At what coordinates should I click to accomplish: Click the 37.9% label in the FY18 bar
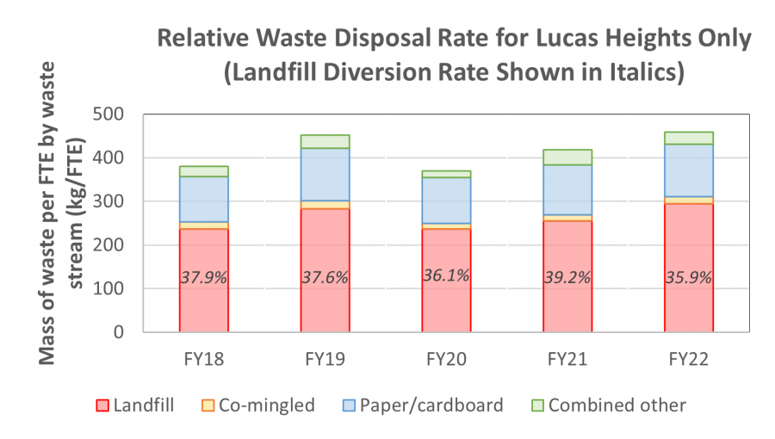pos(203,277)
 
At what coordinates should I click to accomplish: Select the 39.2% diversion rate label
pos(567,277)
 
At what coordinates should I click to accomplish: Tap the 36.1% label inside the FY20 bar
pos(446,275)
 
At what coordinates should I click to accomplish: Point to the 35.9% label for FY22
pos(688,277)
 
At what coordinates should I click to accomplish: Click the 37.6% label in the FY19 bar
pos(325,277)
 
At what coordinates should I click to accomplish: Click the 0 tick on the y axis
pos(142,332)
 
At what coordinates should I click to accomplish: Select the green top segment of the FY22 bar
pos(688,138)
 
